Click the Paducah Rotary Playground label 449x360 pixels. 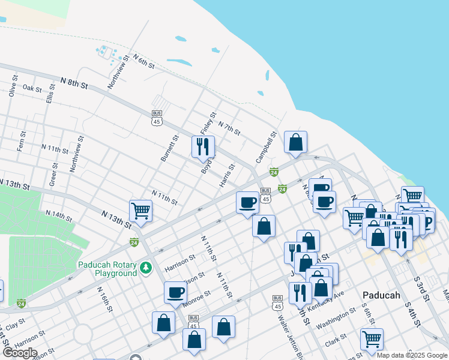[x=107, y=269]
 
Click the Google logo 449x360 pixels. [x=20, y=353]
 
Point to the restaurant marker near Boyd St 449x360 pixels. [x=203, y=146]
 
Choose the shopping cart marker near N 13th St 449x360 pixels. [x=140, y=211]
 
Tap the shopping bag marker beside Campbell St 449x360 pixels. [x=295, y=142]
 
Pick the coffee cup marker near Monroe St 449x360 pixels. [x=175, y=292]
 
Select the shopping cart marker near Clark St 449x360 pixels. [x=372, y=338]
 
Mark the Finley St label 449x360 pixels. [x=208, y=123]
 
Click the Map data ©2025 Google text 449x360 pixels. [x=412, y=355]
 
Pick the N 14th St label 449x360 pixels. [x=58, y=214]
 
